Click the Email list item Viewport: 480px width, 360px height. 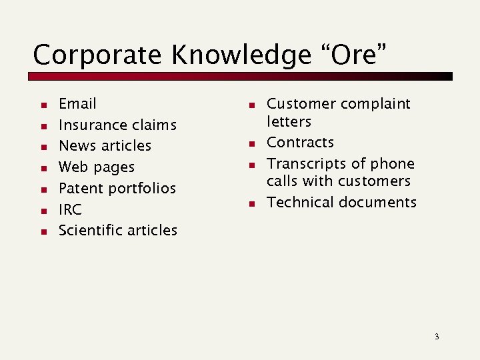[77, 104]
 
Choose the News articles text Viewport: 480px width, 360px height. [105, 146]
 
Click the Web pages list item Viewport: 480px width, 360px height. [96, 167]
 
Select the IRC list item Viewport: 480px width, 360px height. [70, 209]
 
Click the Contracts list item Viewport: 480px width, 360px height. [300, 143]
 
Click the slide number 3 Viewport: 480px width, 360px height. [437, 336]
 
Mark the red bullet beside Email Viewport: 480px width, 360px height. [42, 105]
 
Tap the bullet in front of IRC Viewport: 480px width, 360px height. [42, 211]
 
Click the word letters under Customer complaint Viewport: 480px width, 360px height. [289, 122]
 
